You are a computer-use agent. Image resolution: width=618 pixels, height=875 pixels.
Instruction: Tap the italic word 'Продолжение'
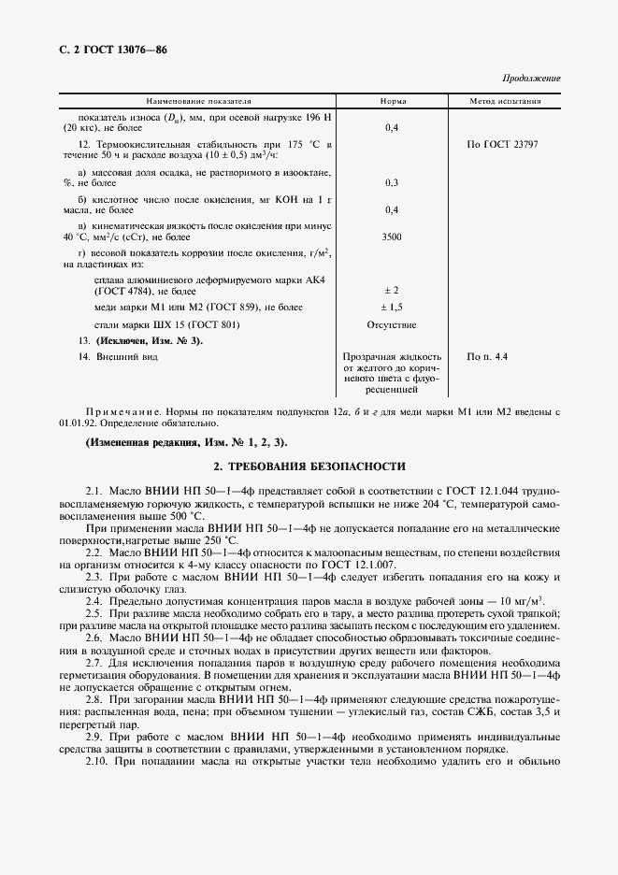coord(531,79)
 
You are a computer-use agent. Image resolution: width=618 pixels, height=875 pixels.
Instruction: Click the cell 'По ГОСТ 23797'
coord(502,145)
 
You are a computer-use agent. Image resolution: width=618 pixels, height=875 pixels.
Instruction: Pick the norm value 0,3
coord(392,182)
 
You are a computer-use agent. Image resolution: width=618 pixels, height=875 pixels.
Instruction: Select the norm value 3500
coord(392,237)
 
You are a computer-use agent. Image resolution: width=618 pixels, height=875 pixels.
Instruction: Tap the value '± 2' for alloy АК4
coord(392,291)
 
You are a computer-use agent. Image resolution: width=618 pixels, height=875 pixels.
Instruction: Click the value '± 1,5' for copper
coord(392,307)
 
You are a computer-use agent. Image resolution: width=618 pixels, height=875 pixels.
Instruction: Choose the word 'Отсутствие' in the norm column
coord(392,324)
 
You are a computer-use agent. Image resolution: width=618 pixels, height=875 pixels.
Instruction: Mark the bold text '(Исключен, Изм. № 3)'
coord(150,340)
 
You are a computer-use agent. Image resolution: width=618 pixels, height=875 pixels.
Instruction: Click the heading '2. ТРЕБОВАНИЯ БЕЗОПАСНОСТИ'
coord(309,466)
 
